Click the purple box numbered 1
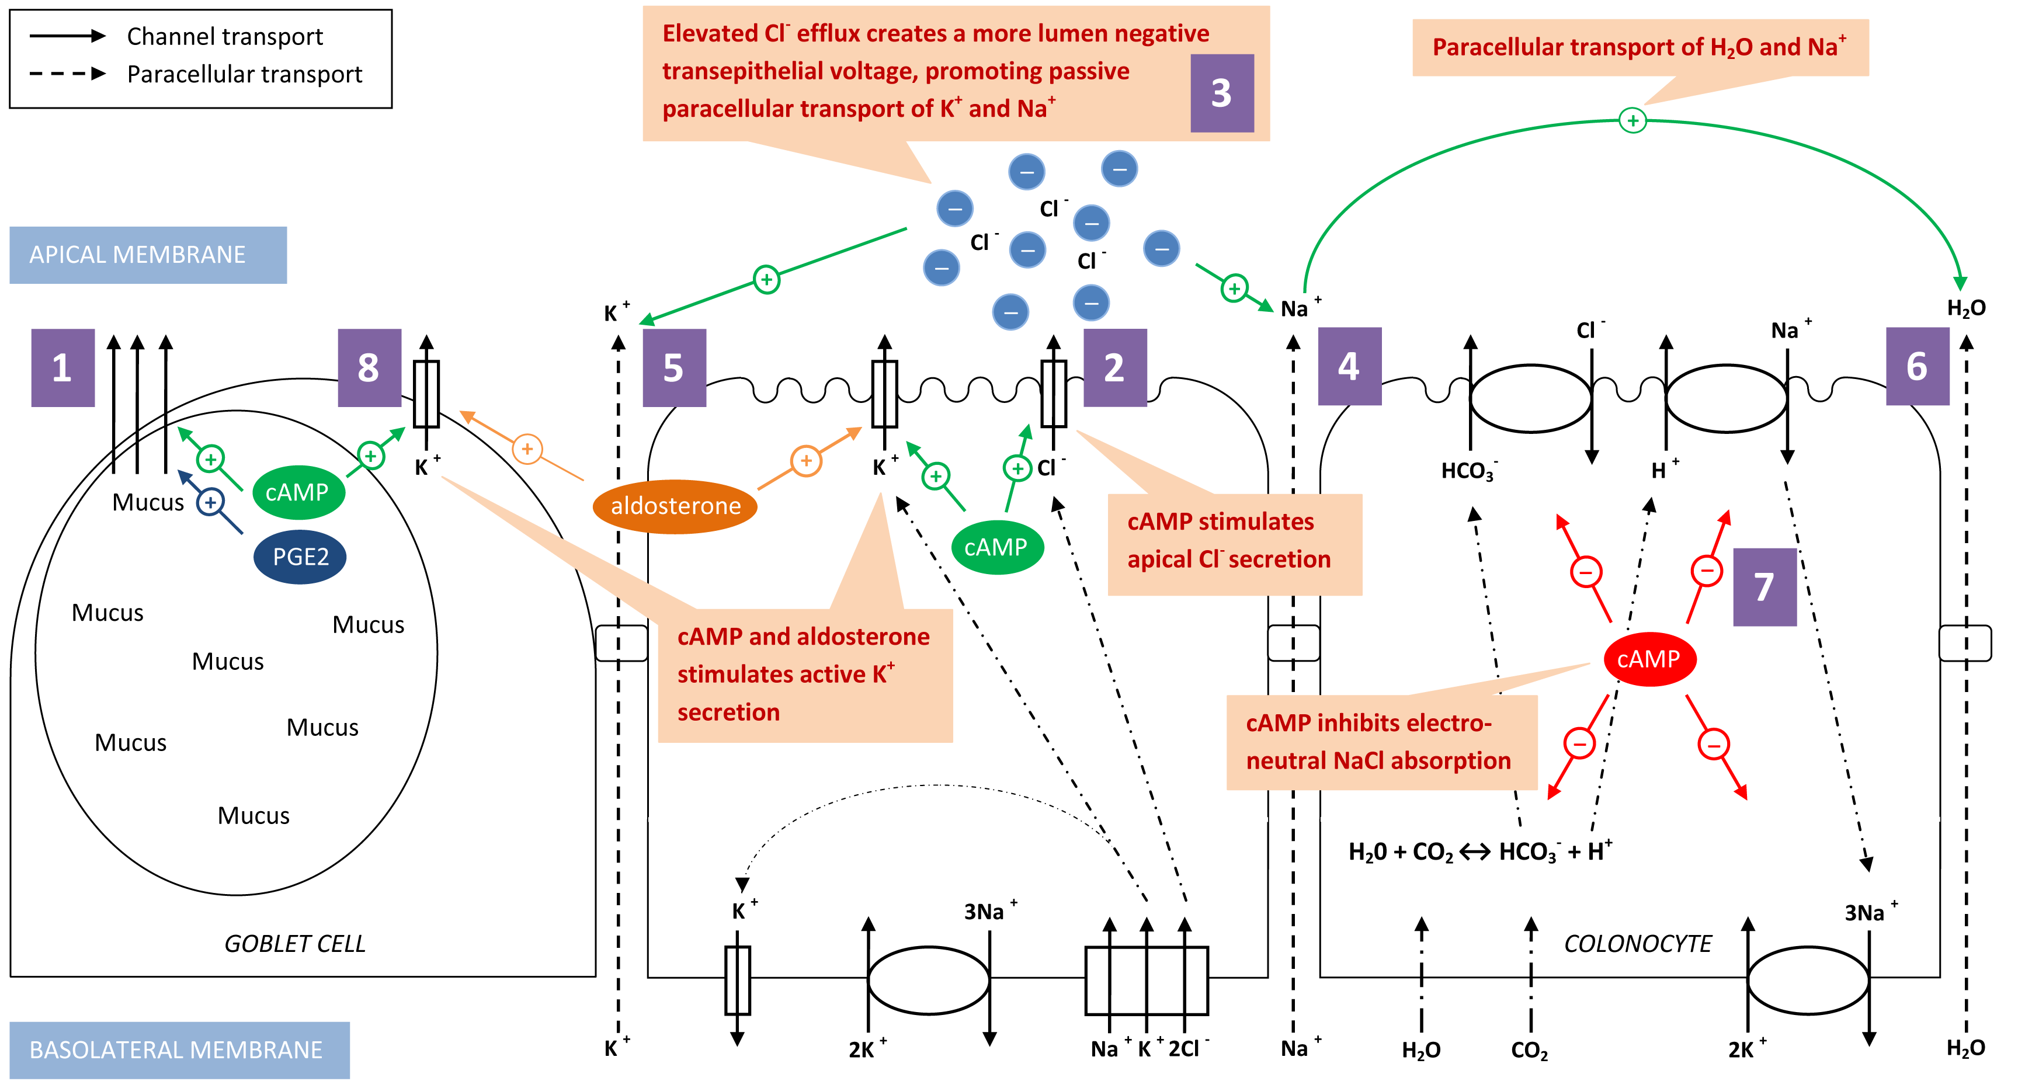tap(62, 367)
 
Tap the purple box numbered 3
tap(1221, 93)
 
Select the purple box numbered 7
tap(1764, 587)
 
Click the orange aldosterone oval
tap(675, 506)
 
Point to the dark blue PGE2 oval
tap(300, 557)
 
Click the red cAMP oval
tap(1649, 659)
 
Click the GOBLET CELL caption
tap(294, 943)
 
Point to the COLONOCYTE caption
tap(1637, 943)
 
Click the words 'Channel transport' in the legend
tap(225, 37)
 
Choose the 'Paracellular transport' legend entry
tap(244, 74)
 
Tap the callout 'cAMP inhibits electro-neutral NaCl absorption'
tap(1379, 741)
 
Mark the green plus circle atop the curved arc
tap(1633, 121)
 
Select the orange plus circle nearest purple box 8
tap(527, 449)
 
